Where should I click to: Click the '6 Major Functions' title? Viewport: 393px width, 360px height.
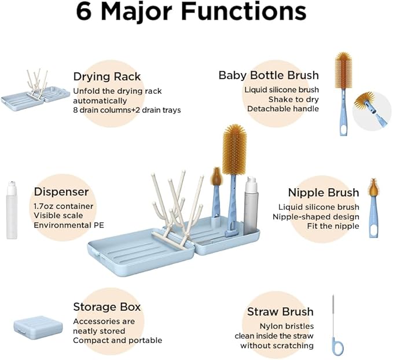(x=191, y=12)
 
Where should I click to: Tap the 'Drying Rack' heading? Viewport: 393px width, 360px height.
(x=107, y=77)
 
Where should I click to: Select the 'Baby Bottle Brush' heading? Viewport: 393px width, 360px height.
(x=269, y=75)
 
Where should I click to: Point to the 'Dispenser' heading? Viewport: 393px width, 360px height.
(x=61, y=192)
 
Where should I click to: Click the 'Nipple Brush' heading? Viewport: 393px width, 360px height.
(x=324, y=193)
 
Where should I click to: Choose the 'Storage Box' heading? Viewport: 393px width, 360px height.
(x=107, y=307)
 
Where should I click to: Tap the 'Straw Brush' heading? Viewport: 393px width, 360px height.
(x=280, y=311)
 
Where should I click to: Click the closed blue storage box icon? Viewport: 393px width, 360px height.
(x=38, y=328)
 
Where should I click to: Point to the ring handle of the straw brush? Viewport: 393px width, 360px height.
(x=337, y=346)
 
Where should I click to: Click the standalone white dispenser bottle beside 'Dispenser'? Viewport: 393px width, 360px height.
(x=12, y=210)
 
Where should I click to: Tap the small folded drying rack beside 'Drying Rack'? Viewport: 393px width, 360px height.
(x=35, y=89)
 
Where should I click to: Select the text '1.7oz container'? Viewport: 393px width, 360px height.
(x=64, y=206)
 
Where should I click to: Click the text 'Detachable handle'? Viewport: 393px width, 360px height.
(x=283, y=109)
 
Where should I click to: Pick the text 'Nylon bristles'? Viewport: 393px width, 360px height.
(x=287, y=326)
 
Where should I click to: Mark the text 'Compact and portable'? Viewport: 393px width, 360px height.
(x=117, y=340)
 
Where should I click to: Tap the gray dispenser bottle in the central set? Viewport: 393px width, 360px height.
(x=251, y=206)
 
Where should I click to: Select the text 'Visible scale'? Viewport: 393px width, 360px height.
(x=58, y=216)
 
